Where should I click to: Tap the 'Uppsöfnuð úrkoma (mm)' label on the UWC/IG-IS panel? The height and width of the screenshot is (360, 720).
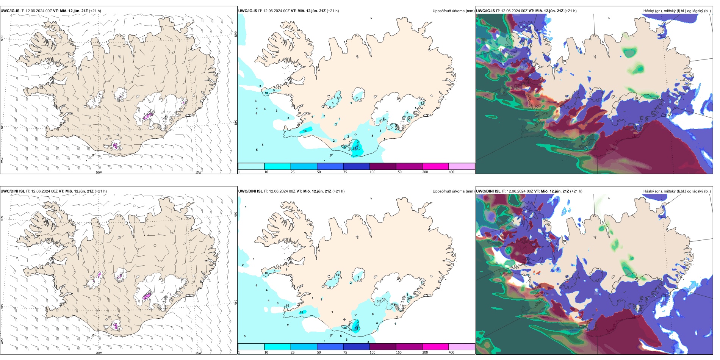coord(453,11)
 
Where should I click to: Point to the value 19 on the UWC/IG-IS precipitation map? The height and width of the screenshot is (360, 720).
coord(305,131)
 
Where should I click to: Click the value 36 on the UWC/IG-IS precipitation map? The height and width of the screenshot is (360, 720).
coord(355,148)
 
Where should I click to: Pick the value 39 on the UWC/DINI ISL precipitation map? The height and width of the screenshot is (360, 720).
coord(356,329)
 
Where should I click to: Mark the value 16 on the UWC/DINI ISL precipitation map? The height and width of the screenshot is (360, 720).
coord(302,312)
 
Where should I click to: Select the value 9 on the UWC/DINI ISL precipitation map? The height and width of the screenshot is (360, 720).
coord(373,314)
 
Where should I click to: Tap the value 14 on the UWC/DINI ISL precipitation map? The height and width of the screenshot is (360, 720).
coord(345,328)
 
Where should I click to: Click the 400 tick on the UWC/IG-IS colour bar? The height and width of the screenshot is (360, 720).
coord(451,172)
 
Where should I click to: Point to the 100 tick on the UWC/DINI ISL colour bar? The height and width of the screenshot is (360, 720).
coord(373,352)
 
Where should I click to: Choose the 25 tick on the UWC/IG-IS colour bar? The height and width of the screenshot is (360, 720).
coord(293,172)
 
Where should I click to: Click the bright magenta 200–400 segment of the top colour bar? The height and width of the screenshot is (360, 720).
coord(435,166)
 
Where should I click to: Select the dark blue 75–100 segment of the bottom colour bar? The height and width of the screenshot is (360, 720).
coord(356,347)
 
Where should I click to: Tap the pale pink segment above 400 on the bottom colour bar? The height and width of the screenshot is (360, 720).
coord(462,347)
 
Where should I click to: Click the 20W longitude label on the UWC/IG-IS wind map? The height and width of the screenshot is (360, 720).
coord(99,172)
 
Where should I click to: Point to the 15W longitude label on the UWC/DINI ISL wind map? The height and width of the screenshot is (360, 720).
coord(198,353)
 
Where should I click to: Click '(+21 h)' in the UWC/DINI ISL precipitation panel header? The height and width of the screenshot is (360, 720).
coord(338,191)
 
